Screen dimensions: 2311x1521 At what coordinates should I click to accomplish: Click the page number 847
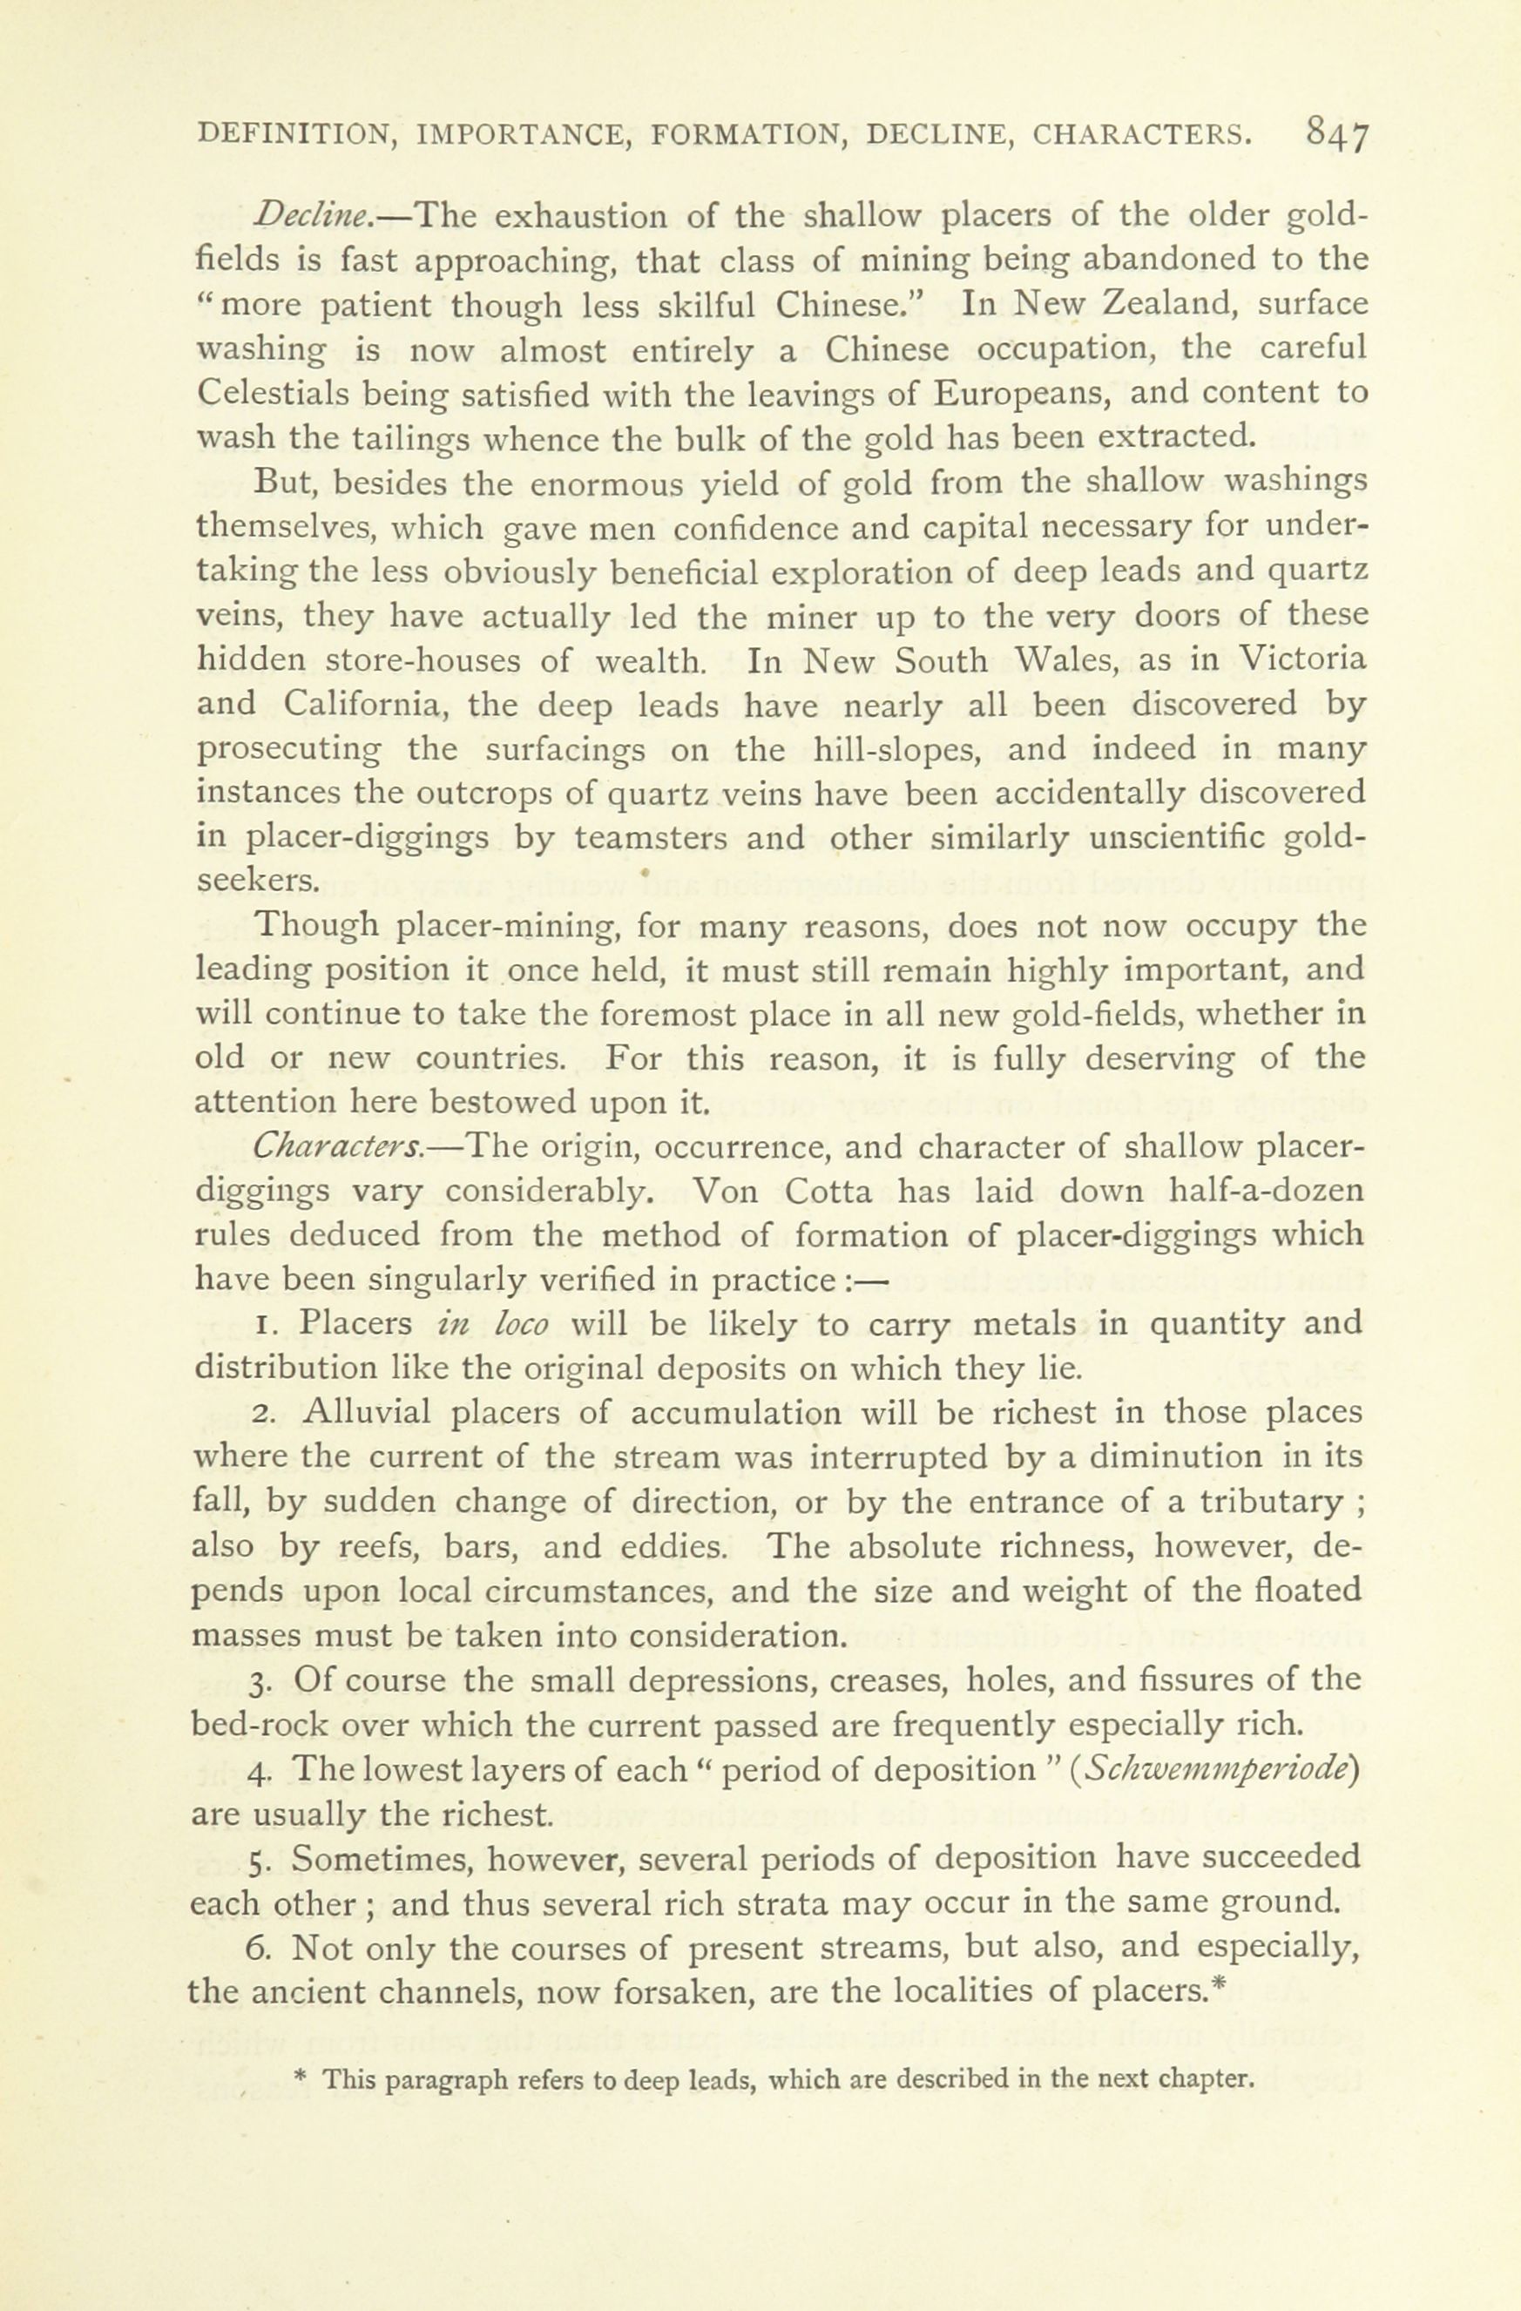tap(1337, 133)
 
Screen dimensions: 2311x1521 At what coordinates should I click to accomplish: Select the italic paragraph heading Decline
tap(302, 214)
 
